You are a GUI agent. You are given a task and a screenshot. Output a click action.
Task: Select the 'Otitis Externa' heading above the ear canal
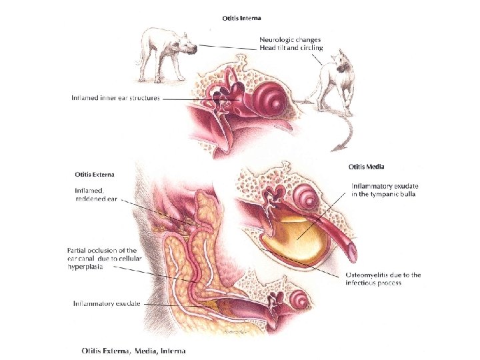(94, 175)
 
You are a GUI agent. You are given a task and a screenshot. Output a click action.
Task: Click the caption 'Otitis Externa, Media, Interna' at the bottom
(133, 350)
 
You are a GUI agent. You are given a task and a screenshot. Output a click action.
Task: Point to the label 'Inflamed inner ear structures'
(116, 99)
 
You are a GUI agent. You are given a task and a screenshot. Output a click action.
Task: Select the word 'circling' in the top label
(311, 48)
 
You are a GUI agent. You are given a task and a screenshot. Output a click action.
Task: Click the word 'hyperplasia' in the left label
(85, 265)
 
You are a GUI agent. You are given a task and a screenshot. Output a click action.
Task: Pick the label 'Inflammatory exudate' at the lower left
(107, 304)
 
